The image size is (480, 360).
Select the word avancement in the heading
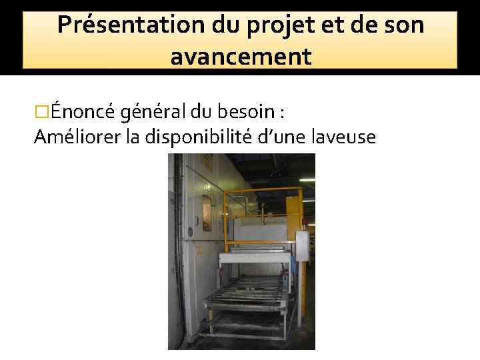[x=241, y=57]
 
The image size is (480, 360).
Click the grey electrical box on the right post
[x=302, y=247]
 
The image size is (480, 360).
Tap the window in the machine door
[x=207, y=213]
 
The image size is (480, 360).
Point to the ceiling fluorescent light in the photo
[x=307, y=179]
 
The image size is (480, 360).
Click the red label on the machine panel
[x=198, y=251]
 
